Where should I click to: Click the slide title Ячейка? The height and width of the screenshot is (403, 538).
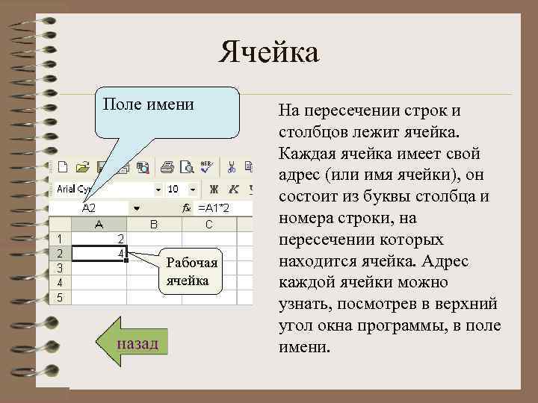(x=269, y=53)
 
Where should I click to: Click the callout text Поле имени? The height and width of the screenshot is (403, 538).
(x=148, y=104)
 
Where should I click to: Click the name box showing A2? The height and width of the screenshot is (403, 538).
(x=94, y=207)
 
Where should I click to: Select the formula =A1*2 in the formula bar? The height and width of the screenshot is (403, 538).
(x=213, y=207)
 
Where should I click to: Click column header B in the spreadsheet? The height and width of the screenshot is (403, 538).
(x=154, y=224)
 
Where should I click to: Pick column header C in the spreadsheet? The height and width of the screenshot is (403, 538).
(x=208, y=224)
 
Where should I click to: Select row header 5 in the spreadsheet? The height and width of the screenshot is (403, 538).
(x=61, y=296)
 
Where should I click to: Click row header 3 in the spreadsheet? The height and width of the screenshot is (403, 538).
(x=61, y=267)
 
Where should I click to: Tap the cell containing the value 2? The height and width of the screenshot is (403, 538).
(x=101, y=238)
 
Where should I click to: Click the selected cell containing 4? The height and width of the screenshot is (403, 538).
(x=101, y=253)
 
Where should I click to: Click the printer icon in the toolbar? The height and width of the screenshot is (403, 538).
(x=168, y=167)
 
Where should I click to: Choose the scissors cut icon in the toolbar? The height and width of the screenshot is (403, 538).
(x=232, y=167)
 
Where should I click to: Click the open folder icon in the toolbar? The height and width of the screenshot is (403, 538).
(x=83, y=167)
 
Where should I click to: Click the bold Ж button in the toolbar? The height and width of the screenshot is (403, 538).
(x=214, y=189)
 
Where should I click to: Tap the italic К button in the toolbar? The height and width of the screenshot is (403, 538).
(x=234, y=189)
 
